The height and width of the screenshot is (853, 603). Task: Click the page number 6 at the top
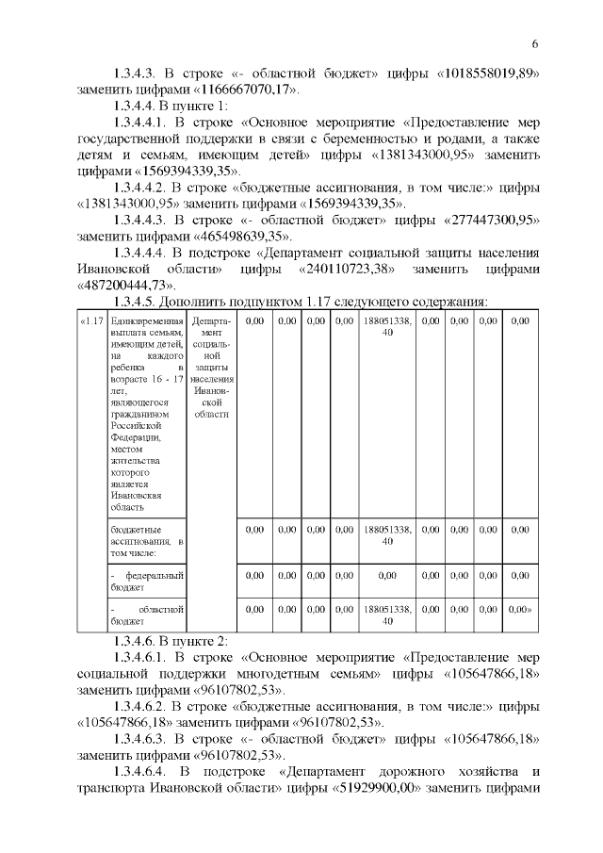pos(534,44)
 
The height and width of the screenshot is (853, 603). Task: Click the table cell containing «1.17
pos(90,321)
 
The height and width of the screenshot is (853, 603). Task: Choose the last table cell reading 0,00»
pos(520,610)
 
